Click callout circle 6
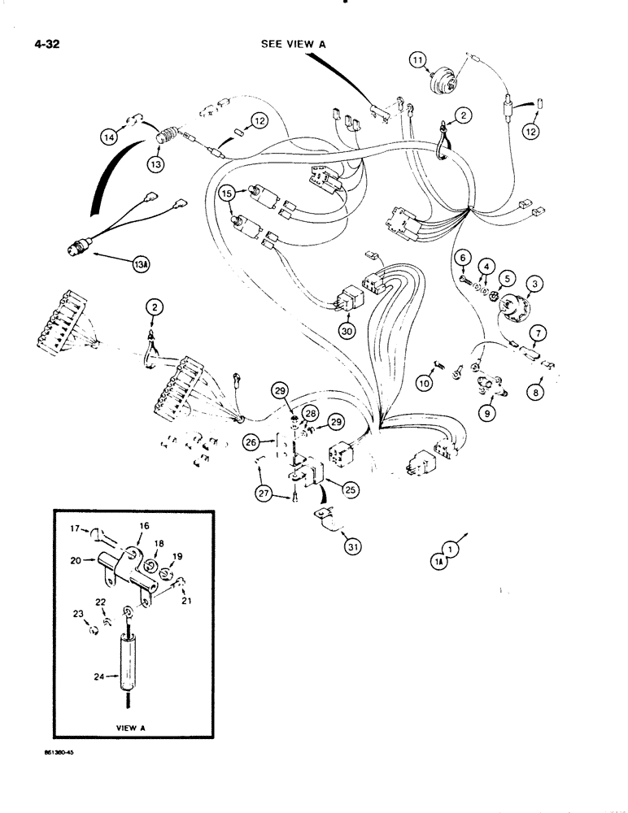462,258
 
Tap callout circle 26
251,442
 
